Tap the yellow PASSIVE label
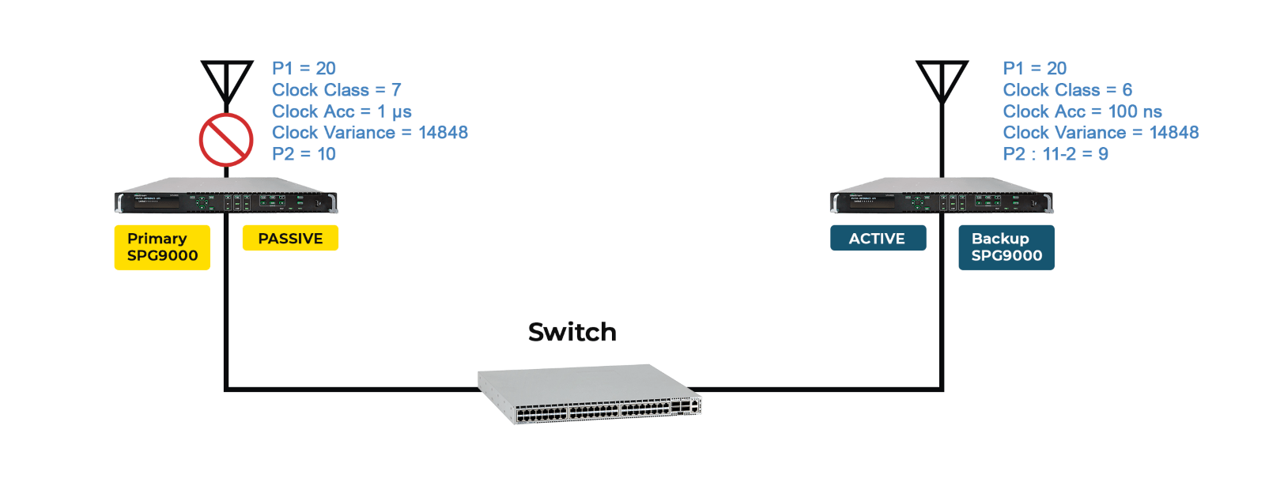[290, 238]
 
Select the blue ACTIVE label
[878, 238]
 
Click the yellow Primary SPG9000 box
[162, 247]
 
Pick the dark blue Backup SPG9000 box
[1006, 247]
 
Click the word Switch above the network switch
[572, 332]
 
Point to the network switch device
[589, 394]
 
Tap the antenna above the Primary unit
[226, 82]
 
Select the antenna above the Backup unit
[942, 82]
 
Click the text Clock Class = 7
[337, 90]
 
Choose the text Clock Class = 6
[1067, 90]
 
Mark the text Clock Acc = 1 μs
[342, 111]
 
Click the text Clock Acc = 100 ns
[1082, 111]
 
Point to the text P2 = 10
[304, 153]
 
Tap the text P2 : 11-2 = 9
[1055, 153]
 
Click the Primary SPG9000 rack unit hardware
[226, 195]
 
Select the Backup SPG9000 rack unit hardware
[942, 195]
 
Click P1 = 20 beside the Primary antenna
[304, 68]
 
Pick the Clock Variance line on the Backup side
[1101, 133]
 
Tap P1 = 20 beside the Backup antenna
[1035, 68]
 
